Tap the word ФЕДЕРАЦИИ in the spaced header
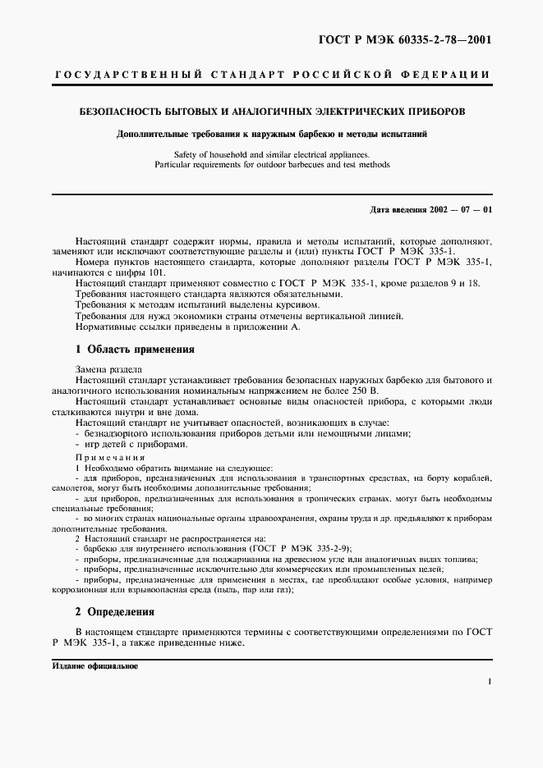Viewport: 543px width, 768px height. point(451,75)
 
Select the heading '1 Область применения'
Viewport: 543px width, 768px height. point(135,349)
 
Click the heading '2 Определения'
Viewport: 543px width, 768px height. point(114,611)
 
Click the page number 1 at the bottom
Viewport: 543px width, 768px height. point(490,681)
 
